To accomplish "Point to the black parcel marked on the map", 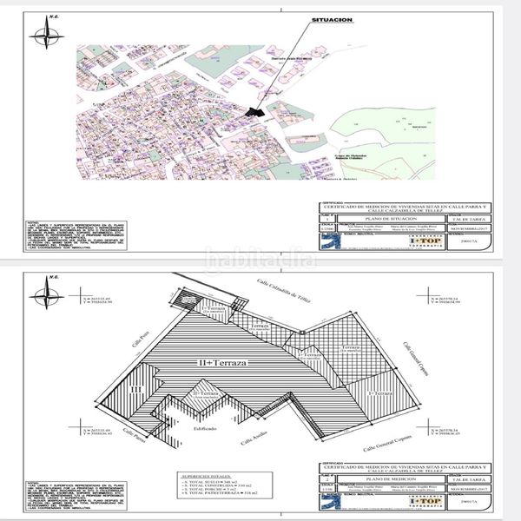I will click(x=254, y=110).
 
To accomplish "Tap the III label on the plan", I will click(x=136, y=390).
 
